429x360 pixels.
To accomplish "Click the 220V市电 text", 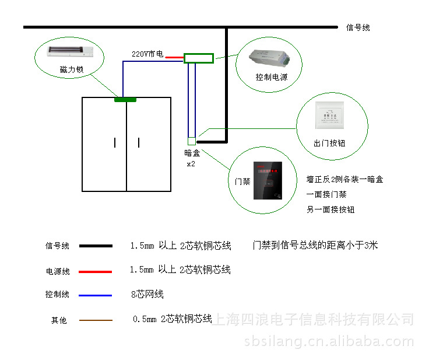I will click(147, 54).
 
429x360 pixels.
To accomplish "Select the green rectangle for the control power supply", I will click(199, 58).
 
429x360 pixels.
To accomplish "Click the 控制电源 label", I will click(271, 76).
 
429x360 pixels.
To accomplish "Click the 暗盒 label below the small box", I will click(192, 153).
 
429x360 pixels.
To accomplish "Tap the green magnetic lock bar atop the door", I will click(125, 100).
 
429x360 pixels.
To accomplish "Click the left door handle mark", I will click(115, 142).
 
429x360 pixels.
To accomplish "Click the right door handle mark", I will click(139, 142).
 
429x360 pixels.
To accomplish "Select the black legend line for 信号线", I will click(96, 246).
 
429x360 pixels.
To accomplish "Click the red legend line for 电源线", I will click(96, 271).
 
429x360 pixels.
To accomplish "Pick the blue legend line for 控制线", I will click(96, 295).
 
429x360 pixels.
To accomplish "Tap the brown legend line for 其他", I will click(96, 320).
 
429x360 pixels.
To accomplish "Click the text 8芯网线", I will click(147, 295).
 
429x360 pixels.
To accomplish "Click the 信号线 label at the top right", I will click(358, 27).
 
